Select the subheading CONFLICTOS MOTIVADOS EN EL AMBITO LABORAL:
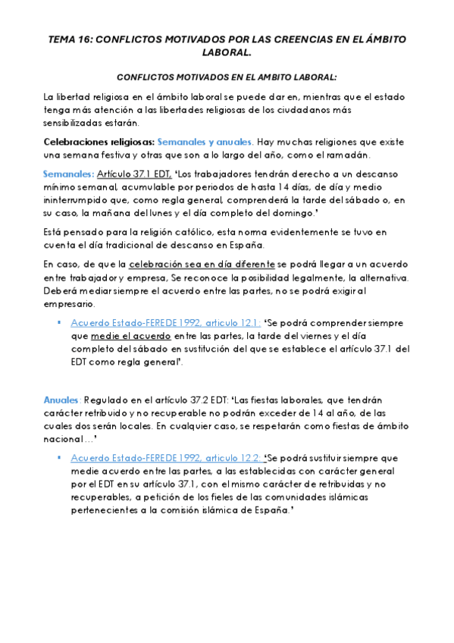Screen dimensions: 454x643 (227, 77)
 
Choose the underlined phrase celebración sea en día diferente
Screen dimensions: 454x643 (202, 264)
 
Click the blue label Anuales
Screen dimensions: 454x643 (61, 400)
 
